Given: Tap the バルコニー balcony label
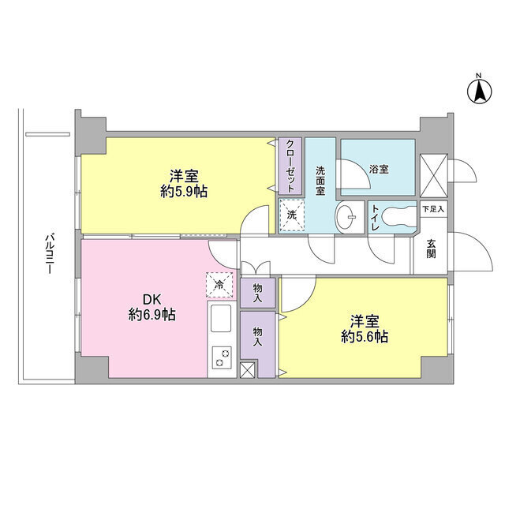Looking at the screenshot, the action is point(49,254).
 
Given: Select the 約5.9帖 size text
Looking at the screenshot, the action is point(184,192).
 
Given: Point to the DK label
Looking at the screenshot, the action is point(151,300).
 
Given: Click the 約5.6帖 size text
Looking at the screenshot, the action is point(365,337).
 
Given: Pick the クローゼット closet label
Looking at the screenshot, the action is point(290,166).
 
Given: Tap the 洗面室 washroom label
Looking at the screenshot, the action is point(320,181).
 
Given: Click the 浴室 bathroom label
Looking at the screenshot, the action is point(379,170).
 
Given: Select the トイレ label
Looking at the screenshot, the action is point(376,218).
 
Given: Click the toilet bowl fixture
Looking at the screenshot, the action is point(399,217).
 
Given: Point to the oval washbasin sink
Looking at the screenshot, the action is point(346,217).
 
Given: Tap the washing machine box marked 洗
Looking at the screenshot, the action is point(292,215).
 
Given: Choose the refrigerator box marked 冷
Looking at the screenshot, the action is point(219,284).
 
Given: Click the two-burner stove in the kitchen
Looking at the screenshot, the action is point(221,357).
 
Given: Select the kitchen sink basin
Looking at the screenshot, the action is point(221,318).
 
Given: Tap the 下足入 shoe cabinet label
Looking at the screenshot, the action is point(433,209).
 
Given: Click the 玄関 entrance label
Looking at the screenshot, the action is point(432,249).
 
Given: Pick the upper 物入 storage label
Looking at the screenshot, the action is point(258,293).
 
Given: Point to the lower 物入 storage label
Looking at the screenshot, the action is point(257,337).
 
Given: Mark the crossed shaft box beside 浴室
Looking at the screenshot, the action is point(433,175).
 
